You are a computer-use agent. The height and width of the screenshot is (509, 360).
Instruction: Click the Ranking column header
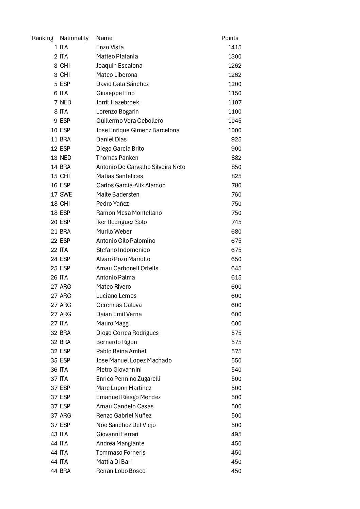(x=43, y=38)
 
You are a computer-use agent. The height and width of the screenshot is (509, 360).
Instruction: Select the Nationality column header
(x=74, y=38)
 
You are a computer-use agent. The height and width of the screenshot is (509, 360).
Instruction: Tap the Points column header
(x=230, y=38)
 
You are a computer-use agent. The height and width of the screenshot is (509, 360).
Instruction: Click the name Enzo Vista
(x=110, y=47)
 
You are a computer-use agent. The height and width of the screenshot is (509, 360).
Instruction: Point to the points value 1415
(x=235, y=47)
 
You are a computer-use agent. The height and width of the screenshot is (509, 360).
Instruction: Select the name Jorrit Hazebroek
(x=117, y=102)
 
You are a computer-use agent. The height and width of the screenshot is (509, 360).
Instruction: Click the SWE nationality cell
(x=66, y=194)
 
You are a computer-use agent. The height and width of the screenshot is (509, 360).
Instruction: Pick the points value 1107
(x=235, y=102)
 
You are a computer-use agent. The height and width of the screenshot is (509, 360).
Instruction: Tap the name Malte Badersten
(x=118, y=194)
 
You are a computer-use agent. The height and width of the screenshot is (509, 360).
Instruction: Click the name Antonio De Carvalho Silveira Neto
(x=141, y=167)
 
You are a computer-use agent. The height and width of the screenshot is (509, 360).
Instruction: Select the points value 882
(x=236, y=158)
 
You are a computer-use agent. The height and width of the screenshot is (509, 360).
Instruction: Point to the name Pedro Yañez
(x=112, y=204)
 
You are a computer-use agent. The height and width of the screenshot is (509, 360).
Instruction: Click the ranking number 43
(x=54, y=434)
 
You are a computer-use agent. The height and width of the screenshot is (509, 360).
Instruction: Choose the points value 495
(x=236, y=434)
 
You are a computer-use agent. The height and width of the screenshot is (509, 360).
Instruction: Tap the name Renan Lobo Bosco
(x=121, y=471)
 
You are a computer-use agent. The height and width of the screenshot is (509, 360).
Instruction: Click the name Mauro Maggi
(x=113, y=323)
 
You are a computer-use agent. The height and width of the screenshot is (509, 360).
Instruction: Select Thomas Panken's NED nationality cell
(x=66, y=158)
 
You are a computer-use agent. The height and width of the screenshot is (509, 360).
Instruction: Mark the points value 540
(x=236, y=370)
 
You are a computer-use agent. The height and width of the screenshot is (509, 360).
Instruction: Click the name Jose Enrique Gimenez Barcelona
(x=138, y=130)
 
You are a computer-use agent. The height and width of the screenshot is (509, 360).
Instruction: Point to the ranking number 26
(x=54, y=277)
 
